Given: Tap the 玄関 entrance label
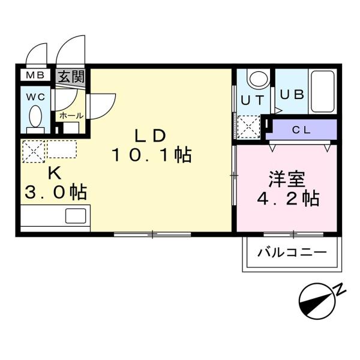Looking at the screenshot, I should click(71, 77).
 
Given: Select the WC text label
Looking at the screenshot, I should click(34, 95).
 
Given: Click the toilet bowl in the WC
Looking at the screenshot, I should click(35, 115).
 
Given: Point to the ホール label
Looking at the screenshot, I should click(70, 115).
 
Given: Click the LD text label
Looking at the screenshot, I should click(151, 136).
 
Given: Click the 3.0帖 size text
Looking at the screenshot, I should click(55, 193).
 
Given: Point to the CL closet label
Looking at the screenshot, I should click(302, 130).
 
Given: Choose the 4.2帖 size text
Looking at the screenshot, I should click(286, 198).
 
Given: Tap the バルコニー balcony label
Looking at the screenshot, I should click(292, 251).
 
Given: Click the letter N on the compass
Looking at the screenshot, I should click(340, 290).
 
